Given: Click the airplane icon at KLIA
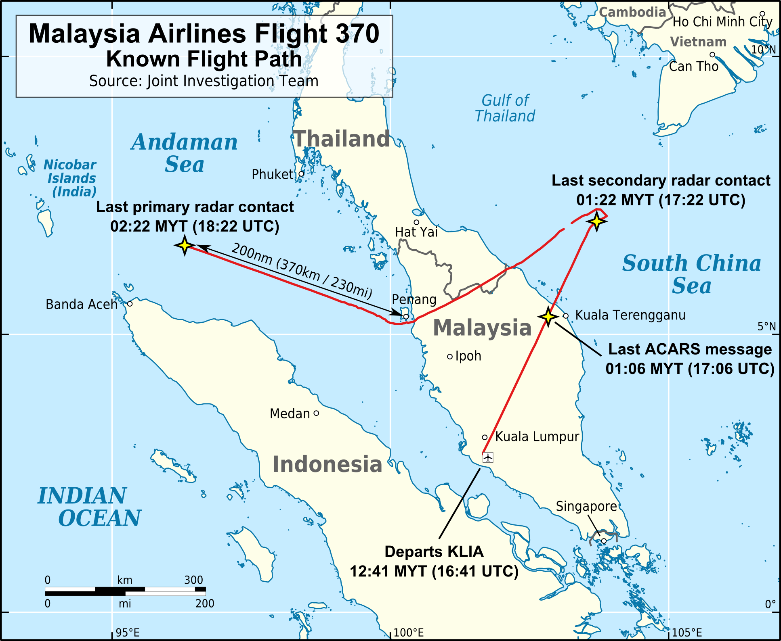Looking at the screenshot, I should click(x=488, y=457).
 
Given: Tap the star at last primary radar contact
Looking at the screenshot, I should click(x=185, y=245).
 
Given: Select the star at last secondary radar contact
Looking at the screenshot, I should click(x=596, y=221).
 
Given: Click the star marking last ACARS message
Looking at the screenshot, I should click(x=548, y=317).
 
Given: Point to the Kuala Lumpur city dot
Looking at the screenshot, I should click(x=485, y=437).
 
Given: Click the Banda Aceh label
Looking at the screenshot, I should click(x=81, y=304).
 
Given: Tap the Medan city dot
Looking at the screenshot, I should click(x=316, y=413).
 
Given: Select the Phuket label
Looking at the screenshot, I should click(x=273, y=174).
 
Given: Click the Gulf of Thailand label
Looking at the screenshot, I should click(x=505, y=108).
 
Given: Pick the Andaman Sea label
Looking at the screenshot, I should click(x=185, y=153).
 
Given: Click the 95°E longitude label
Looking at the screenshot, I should click(x=128, y=632).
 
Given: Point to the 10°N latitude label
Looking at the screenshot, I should click(x=763, y=50).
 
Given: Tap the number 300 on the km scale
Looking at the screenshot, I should click(x=193, y=580).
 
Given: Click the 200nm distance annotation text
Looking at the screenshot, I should click(x=301, y=270).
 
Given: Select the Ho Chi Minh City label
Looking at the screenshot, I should click(x=722, y=22).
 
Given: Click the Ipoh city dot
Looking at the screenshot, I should click(x=450, y=357).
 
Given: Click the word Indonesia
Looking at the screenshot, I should click(x=327, y=464).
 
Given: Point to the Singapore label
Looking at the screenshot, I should click(x=586, y=506).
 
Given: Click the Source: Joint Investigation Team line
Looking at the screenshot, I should click(x=204, y=81).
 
